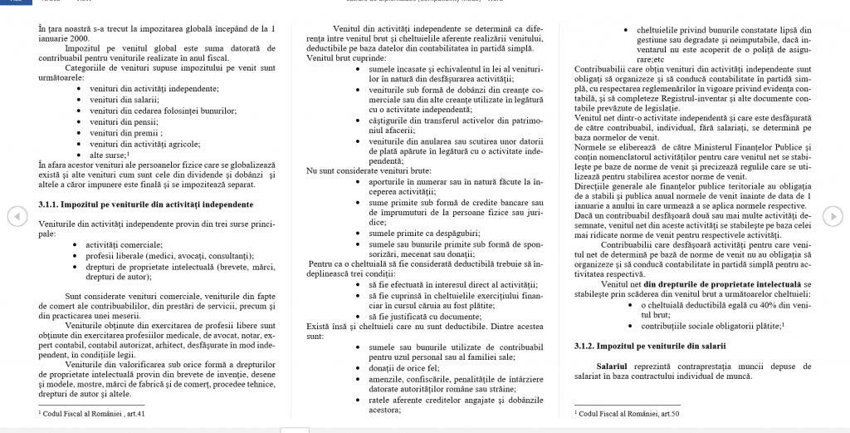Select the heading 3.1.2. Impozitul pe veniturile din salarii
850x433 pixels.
click(649, 345)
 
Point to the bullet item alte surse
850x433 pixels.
click(108, 155)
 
